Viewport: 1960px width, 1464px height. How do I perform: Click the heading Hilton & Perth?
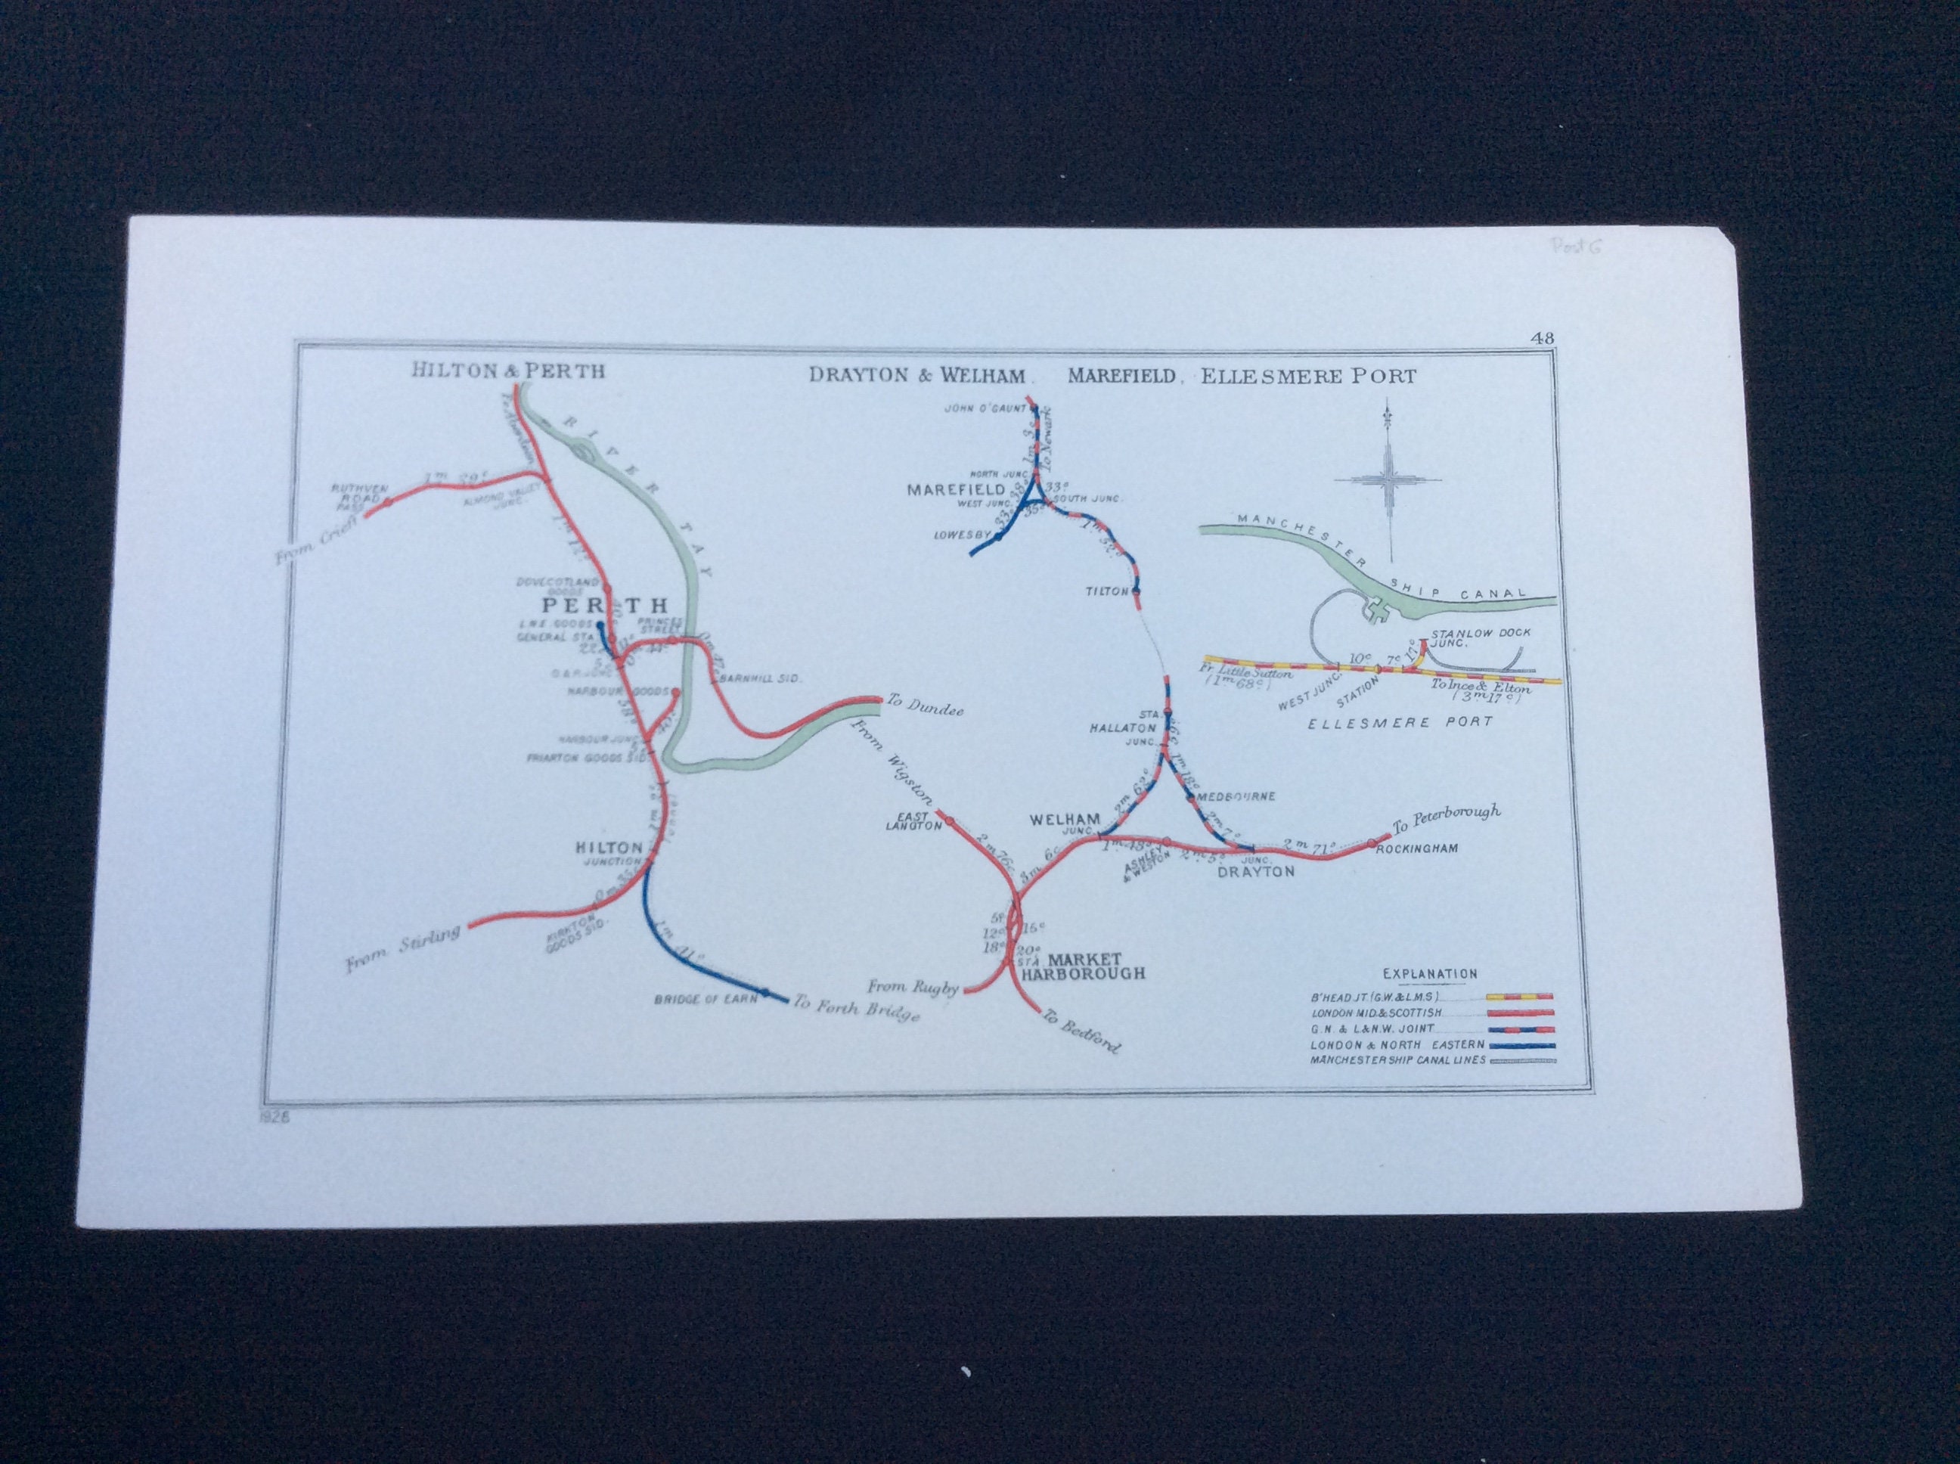tap(507, 370)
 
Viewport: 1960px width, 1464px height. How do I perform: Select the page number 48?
tap(1540, 337)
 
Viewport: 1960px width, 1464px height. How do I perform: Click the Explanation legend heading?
tap(1429, 973)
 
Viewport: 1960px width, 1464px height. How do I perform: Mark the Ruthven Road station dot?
tap(386, 502)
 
